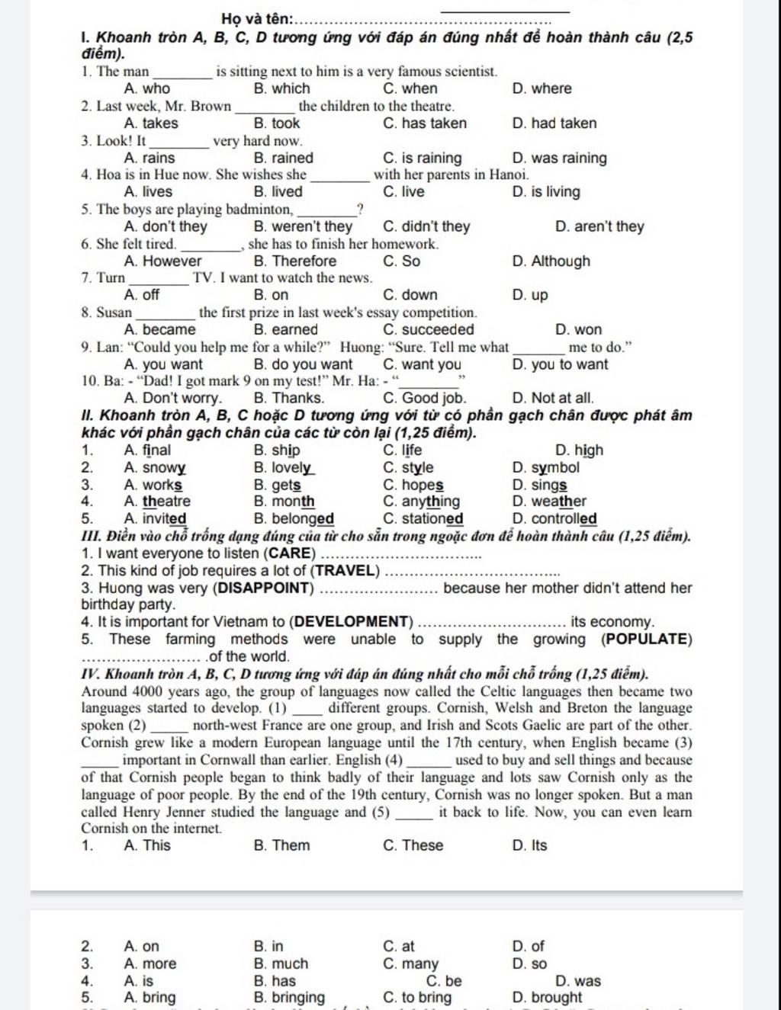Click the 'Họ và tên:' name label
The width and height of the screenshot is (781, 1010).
[256, 19]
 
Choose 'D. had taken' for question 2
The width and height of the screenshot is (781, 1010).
[554, 123]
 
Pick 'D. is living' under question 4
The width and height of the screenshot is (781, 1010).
[546, 192]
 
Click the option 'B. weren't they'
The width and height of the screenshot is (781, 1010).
[302, 226]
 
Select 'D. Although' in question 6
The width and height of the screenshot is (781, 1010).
[551, 261]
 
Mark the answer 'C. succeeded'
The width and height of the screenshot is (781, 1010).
[428, 330]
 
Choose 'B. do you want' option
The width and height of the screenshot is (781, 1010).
[302, 364]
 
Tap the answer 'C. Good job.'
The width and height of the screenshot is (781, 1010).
[424, 398]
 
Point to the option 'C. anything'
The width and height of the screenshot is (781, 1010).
[421, 502]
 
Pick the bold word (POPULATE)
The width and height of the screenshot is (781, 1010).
[647, 639]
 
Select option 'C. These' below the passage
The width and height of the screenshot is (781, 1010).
[413, 845]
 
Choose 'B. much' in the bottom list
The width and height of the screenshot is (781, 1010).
[281, 964]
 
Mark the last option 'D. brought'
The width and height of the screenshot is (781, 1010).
[547, 998]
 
